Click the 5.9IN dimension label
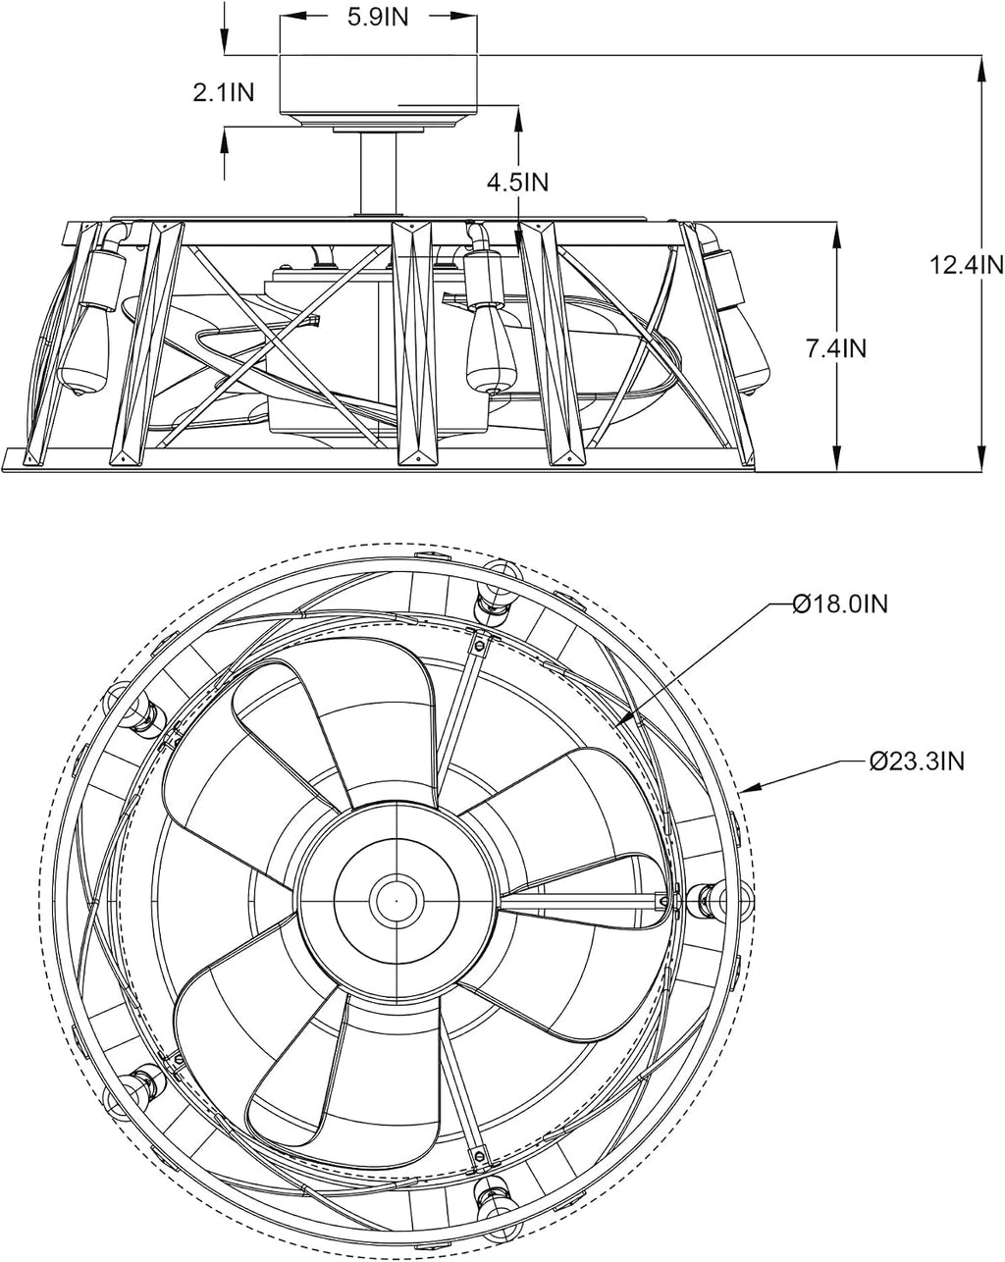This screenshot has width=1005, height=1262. pyautogui.click(x=378, y=18)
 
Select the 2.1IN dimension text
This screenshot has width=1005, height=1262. pyautogui.click(x=224, y=92)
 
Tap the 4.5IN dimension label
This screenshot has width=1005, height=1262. pyautogui.click(x=517, y=183)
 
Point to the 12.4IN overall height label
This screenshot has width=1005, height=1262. pyautogui.click(x=967, y=265)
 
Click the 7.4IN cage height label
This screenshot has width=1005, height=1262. pyautogui.click(x=835, y=349)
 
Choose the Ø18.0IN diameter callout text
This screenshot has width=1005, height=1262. pyautogui.click(x=839, y=604)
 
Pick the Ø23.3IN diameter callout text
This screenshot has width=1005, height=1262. pyautogui.click(x=917, y=762)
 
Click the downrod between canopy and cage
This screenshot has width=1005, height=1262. pyautogui.click(x=378, y=173)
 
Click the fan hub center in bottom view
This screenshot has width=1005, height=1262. pyautogui.click(x=397, y=899)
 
